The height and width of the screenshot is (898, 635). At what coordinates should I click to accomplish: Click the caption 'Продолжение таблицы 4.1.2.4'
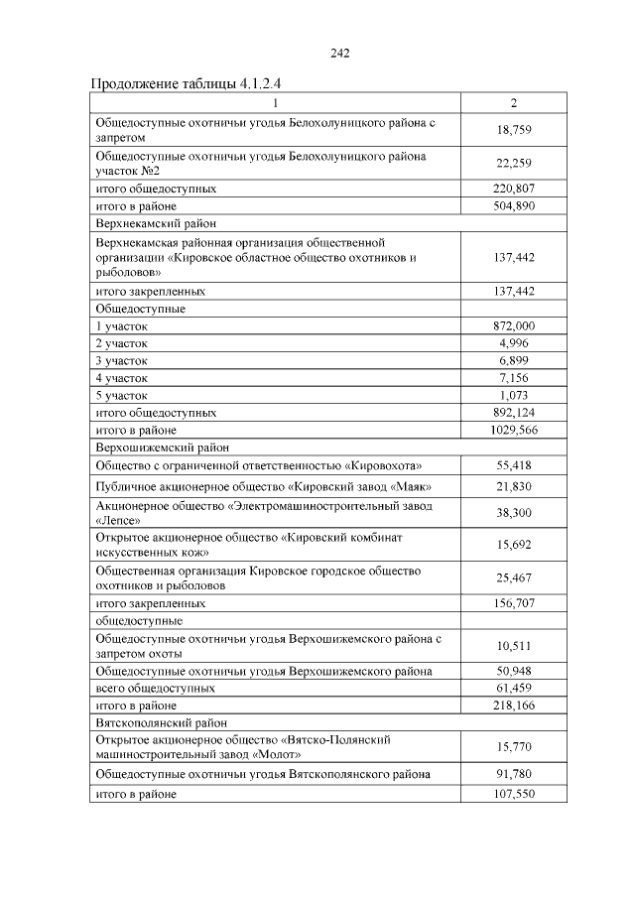(193, 82)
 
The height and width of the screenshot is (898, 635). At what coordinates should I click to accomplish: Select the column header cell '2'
(513, 103)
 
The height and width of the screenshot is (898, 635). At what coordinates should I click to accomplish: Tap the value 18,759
(514, 130)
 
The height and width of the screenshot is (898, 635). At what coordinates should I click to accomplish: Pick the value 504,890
(514, 206)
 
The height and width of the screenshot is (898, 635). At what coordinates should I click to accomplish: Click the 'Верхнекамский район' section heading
(156, 224)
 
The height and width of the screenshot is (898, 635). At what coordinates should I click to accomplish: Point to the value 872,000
(514, 325)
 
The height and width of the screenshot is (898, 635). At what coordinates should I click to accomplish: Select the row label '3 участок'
(121, 360)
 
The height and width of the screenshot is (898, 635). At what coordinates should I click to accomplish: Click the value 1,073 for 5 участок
(514, 395)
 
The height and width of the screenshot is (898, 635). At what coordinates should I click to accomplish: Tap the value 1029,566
(514, 430)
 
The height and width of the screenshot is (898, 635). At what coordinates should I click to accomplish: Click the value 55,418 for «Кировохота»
(514, 465)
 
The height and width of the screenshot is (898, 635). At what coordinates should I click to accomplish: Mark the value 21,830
(514, 486)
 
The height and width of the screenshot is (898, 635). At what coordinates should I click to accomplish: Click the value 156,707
(514, 602)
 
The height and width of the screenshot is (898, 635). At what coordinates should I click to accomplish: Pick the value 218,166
(514, 705)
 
